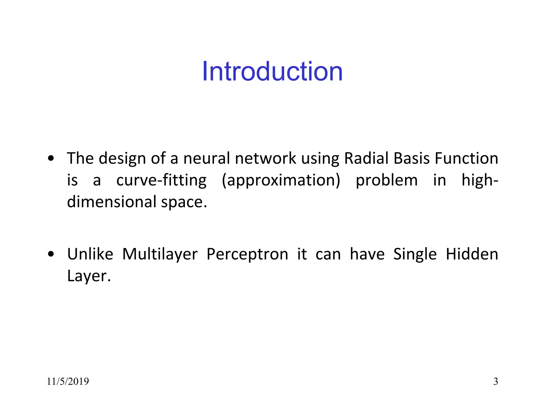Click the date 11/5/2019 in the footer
pos(68,381)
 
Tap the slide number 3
pos(496,381)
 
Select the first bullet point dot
pos(51,159)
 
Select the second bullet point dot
pos(51,254)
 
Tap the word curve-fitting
pos(161,181)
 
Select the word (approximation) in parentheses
pos(281,181)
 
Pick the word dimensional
pos(112,202)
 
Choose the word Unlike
pos(90,254)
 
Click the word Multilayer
pos(160,254)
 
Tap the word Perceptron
pos(247,254)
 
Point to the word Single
pos(415,254)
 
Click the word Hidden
pos(472,254)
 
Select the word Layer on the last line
pos(88,276)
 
